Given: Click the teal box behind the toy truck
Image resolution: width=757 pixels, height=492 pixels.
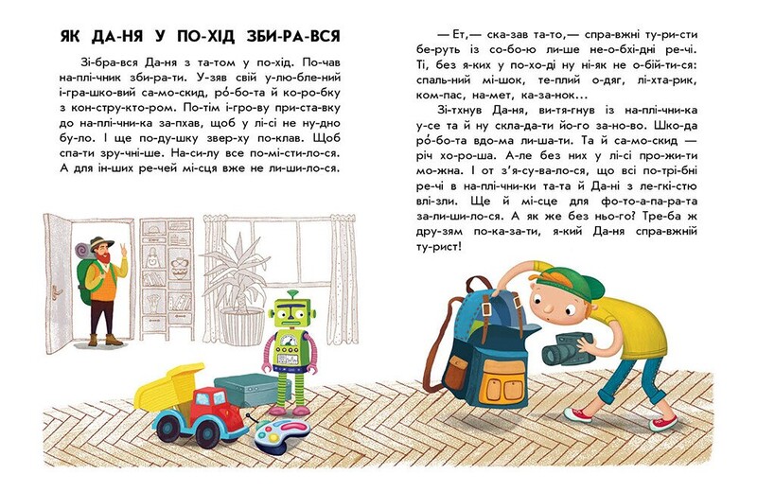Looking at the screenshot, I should click(244, 387).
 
